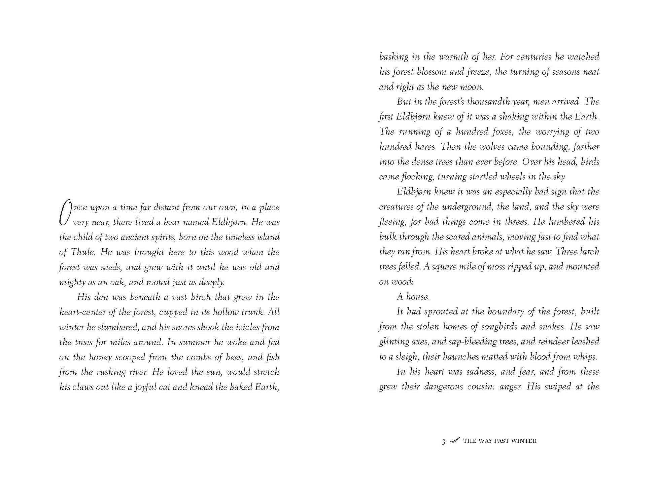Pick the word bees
[x=234, y=357]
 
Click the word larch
[x=590, y=252]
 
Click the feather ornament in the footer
[x=455, y=440]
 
